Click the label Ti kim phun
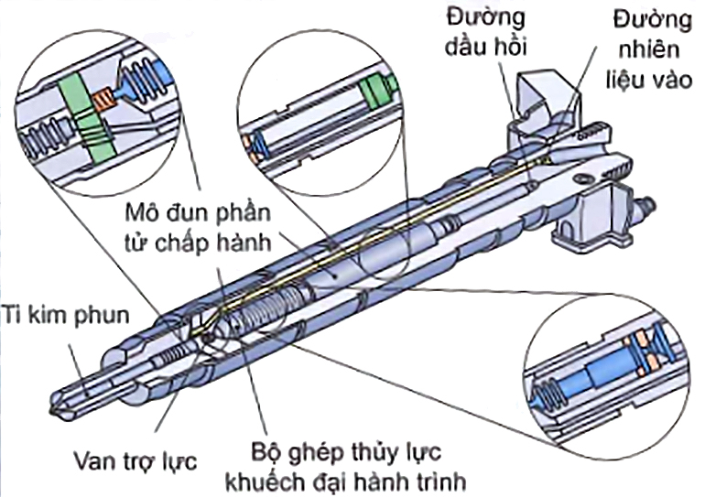(63, 314)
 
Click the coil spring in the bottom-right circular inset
(548, 388)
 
